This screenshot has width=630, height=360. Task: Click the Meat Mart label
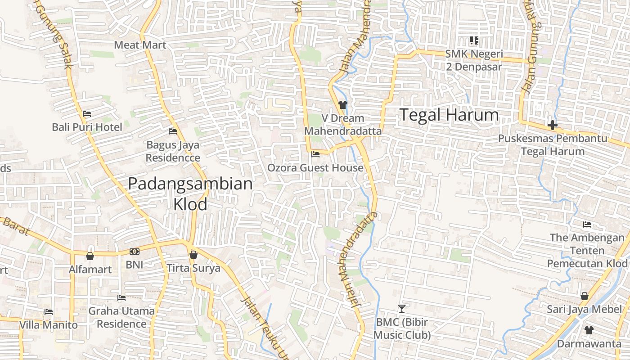point(140,45)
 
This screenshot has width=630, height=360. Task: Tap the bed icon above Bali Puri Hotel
point(87,114)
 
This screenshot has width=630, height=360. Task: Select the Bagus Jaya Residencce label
point(173,152)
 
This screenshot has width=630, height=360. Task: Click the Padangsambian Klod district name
point(190,193)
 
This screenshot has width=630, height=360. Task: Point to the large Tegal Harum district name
point(449,115)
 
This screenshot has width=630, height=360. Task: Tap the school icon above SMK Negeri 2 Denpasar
point(473,41)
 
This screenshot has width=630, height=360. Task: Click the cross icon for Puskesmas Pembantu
point(552,125)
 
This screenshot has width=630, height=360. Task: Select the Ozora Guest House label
point(315,168)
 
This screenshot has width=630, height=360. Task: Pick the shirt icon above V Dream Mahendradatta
point(343,105)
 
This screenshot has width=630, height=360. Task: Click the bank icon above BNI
point(134,252)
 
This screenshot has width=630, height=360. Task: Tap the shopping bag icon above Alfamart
point(90,256)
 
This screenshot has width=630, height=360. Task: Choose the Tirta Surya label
point(193,268)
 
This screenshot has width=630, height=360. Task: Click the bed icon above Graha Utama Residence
point(121,297)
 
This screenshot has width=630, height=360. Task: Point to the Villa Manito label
point(49,325)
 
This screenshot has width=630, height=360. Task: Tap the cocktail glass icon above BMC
point(402,309)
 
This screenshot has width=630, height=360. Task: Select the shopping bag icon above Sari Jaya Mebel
point(584,296)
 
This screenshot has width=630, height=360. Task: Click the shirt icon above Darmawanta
point(589,330)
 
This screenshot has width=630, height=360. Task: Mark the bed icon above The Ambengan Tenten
point(587,224)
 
